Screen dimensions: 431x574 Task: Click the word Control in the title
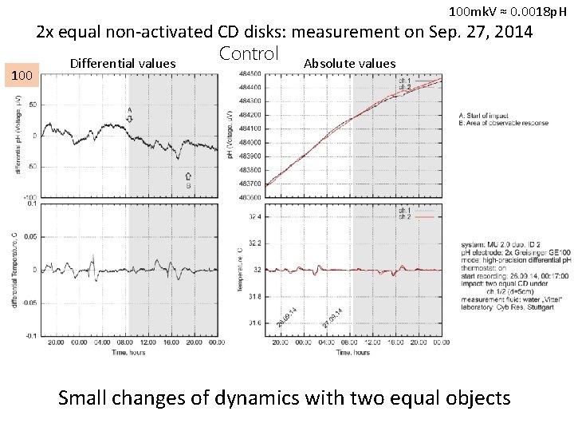point(248,54)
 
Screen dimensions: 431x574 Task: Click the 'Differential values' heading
point(123,64)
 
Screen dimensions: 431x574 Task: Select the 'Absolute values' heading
point(349,64)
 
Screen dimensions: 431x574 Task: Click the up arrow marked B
point(189,176)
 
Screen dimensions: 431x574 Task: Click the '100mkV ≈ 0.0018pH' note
point(508,11)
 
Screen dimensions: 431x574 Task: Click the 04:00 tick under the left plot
point(102,342)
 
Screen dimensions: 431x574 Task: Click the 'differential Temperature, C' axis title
point(15,271)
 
